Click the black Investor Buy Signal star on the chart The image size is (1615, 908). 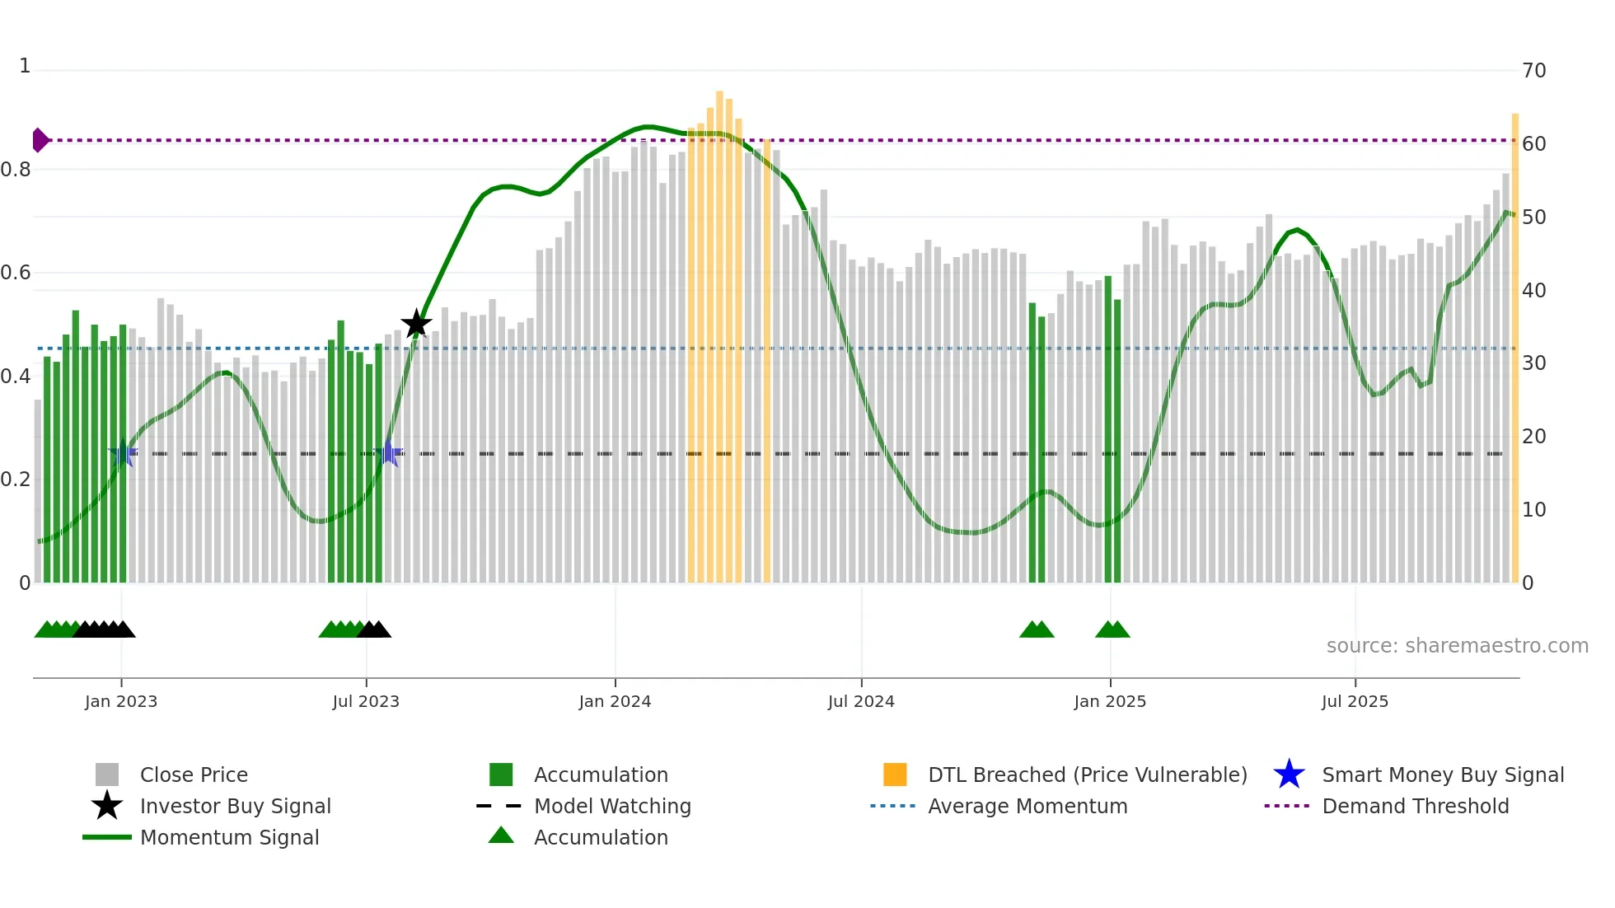[416, 324]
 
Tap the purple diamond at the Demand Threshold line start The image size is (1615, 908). [40, 140]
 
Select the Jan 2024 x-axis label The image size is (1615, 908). [615, 701]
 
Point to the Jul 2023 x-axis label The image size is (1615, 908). [366, 701]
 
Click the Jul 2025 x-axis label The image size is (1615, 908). [1355, 701]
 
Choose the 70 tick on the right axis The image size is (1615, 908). [1533, 71]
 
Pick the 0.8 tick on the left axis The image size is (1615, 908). [16, 170]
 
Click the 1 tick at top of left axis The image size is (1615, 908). [25, 66]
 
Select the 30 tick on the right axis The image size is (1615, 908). [1533, 363]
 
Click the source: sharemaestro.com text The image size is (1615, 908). [1457, 646]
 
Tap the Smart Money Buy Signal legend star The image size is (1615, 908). [1289, 775]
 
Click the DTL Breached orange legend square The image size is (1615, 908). [895, 775]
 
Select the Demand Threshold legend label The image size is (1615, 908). [1415, 806]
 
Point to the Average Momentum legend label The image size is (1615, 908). [1027, 806]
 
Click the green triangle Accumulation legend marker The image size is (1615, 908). [501, 836]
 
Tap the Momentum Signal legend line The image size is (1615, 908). [107, 837]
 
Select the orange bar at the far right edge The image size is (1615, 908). [1514, 346]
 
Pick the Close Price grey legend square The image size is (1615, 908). [107, 775]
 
